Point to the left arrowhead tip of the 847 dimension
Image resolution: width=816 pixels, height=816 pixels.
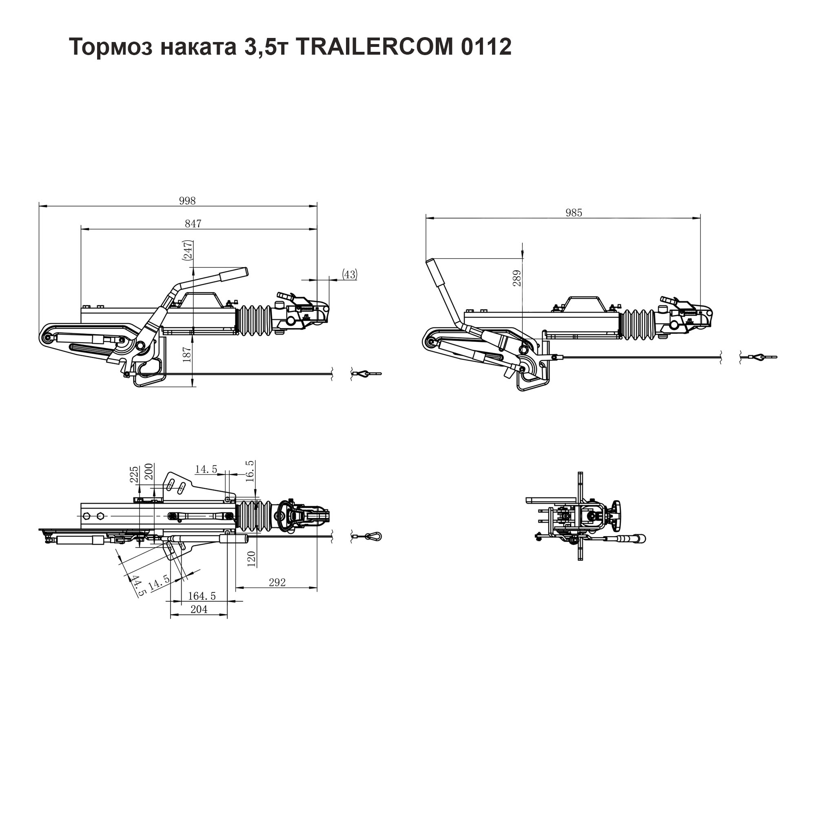coord(81,229)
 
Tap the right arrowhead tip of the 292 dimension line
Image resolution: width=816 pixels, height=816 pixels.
coord(317,588)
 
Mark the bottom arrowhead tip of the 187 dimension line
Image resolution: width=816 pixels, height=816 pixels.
coord(193,387)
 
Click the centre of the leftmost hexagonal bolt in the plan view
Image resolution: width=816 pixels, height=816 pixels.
coord(87,516)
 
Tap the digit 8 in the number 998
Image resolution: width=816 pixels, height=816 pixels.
coord(193,201)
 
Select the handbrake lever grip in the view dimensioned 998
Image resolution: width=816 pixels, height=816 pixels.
coord(233,274)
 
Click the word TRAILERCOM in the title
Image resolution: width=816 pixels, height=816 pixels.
coord(374,47)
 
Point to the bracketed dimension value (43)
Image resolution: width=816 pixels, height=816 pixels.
coord(349,275)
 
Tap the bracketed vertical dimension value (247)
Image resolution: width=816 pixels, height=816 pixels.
coord(188,250)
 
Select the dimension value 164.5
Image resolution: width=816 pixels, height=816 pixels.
coord(202,596)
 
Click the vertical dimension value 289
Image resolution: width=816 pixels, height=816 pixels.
coord(517,278)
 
